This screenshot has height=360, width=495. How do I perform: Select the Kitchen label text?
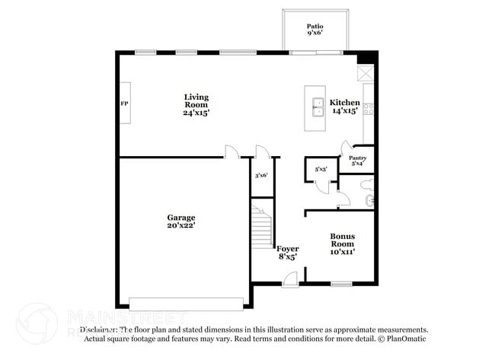click(344, 102)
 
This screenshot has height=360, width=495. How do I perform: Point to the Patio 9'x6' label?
click(315, 30)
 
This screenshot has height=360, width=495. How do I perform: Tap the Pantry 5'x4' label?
click(358, 161)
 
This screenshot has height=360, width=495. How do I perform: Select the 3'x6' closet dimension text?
click(260, 175)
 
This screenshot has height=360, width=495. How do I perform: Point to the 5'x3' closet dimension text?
click(321, 169)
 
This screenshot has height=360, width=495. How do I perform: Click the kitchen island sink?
click(314, 108)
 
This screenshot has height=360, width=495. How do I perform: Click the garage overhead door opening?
click(187, 303)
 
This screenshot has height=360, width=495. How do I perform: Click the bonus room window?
click(341, 285)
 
